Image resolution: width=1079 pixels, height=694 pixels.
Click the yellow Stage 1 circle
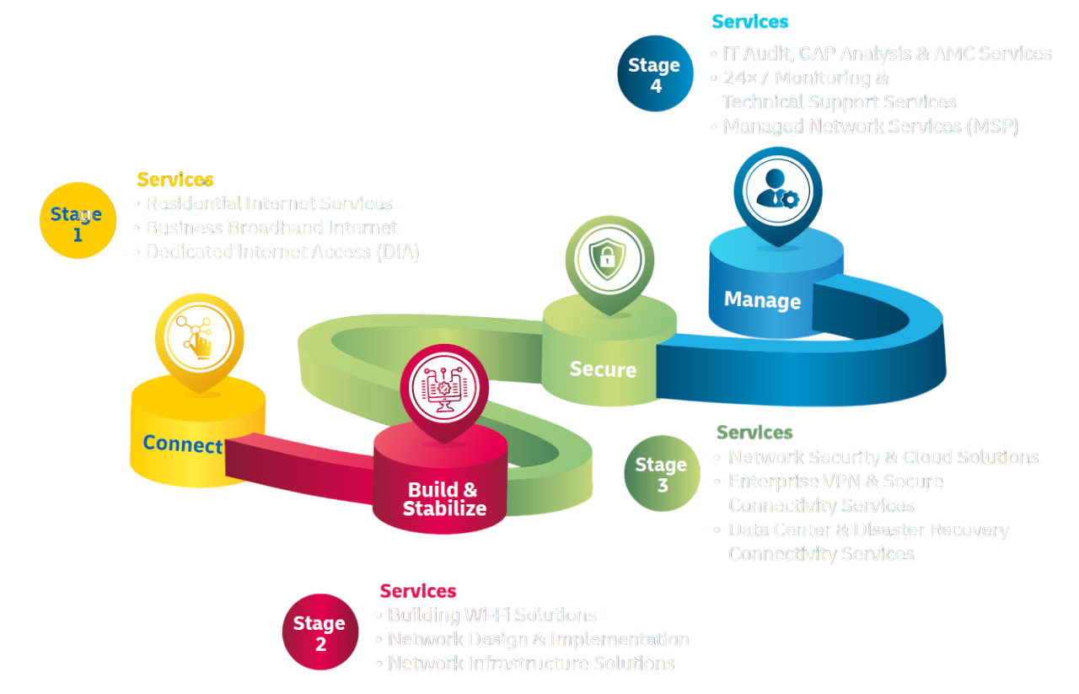point(77,222)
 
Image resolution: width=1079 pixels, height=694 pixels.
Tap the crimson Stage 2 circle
point(319,632)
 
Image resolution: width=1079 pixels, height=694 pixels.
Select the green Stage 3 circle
point(662,474)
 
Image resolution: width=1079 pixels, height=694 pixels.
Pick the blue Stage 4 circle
point(655,74)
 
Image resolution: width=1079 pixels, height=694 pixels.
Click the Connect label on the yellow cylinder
point(182,444)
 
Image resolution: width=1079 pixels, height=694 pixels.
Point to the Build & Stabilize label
point(443,499)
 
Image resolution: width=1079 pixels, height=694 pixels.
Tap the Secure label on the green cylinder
point(603,369)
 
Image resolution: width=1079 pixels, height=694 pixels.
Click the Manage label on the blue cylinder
point(762,300)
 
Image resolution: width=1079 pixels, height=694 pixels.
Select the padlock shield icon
point(608,259)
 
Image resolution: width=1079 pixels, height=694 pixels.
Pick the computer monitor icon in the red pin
point(443,386)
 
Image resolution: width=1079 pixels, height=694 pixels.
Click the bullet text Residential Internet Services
point(268,203)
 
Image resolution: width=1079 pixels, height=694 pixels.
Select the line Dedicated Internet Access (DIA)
point(282,252)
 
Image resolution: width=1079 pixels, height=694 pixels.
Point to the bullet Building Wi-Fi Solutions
point(491,615)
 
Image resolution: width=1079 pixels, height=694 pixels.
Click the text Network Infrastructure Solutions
point(531,664)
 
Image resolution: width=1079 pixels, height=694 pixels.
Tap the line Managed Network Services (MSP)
point(870,126)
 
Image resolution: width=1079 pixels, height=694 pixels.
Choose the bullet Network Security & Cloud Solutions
point(883,457)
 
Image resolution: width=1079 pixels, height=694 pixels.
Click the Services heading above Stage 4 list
point(750,22)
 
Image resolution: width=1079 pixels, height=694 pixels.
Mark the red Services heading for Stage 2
point(418,590)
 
